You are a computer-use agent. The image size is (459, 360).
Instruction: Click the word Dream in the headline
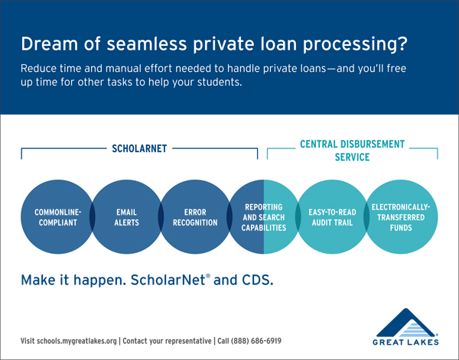pos(49,44)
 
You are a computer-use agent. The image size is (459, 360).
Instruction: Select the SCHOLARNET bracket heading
pos(139,148)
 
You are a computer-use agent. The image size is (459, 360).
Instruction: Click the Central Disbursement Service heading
pos(352,151)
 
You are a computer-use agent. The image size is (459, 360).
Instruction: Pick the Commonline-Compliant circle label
pos(57,217)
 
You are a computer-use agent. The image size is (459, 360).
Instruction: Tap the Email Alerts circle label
pos(126,217)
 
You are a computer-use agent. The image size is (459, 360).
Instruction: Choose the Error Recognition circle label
pos(195,217)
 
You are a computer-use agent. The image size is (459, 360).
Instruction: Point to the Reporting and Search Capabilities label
pos(263,217)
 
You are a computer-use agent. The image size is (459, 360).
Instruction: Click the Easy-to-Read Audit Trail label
pos(332,217)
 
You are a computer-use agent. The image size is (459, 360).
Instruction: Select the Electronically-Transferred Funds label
pos(401,217)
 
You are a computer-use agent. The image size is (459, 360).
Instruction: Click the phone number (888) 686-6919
pos(256,341)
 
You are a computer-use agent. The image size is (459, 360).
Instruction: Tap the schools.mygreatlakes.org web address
pos(76,341)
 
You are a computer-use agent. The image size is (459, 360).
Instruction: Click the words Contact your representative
pos(167,341)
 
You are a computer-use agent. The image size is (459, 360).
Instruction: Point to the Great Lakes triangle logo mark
pos(405,323)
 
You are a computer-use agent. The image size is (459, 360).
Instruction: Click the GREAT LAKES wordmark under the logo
pos(405,342)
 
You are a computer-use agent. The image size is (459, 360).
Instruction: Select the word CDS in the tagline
pos(258,281)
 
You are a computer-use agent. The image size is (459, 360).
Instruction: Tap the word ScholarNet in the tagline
pos(168,281)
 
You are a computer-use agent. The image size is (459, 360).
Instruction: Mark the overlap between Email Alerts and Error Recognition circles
pos(161,217)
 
